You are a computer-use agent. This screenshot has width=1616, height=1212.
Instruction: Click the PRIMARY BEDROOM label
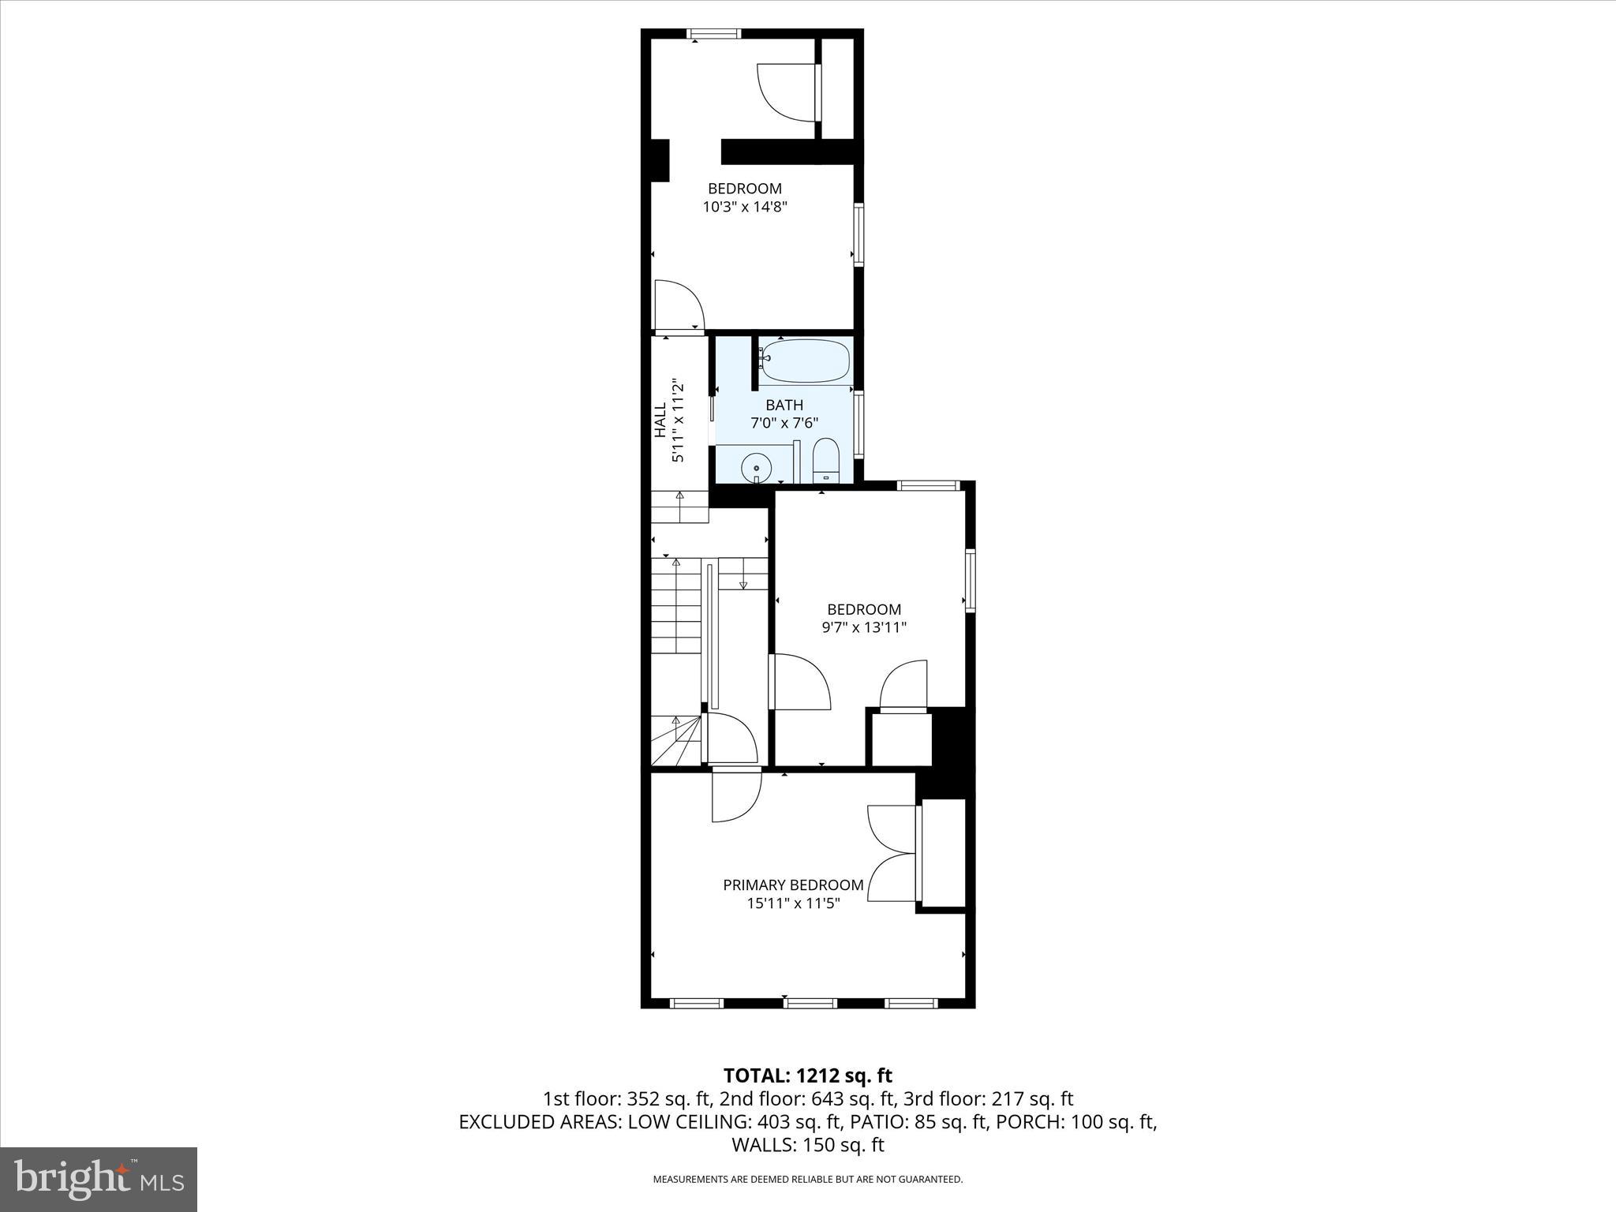point(793,885)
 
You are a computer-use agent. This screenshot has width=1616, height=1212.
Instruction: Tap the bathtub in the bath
point(805,361)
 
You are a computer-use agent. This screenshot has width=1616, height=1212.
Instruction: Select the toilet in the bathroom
point(825,461)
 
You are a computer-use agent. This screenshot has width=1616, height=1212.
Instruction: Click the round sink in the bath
point(756,468)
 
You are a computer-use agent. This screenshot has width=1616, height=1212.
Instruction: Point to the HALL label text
point(660,421)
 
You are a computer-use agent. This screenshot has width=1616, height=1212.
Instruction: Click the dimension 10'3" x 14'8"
point(745,208)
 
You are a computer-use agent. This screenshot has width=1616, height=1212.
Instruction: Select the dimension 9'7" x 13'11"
point(864,628)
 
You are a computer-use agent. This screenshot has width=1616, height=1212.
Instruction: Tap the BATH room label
point(784,405)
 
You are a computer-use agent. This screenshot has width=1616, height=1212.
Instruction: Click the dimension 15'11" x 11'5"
point(793,903)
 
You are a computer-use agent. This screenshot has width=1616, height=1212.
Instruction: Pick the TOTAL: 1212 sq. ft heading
point(807,1075)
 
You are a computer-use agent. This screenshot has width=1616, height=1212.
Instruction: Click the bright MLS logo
point(99,1180)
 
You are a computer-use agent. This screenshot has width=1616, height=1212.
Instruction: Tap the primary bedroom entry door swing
point(736,795)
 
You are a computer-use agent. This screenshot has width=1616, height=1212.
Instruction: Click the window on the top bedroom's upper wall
point(713,34)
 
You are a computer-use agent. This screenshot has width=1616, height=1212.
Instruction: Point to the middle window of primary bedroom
point(810,1003)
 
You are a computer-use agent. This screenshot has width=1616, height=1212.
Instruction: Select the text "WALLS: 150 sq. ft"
point(807,1145)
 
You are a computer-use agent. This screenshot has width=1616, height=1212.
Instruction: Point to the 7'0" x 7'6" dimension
point(784,423)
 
